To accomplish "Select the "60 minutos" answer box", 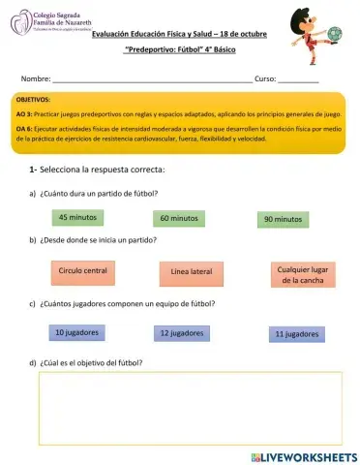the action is (179, 218).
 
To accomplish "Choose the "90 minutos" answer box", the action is (284, 220).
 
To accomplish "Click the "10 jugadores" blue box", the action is (77, 332).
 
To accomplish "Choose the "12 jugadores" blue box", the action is (184, 333).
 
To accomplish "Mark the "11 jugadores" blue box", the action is (297, 334).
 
